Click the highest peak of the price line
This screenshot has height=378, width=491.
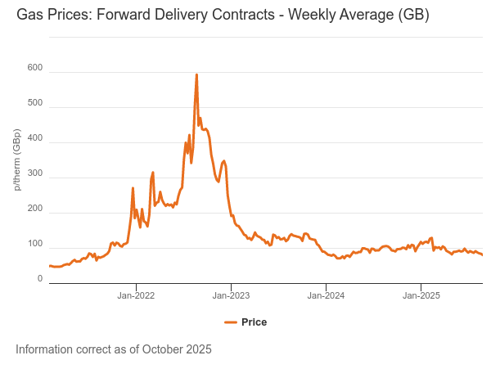196,75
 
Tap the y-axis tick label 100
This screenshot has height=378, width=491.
34,244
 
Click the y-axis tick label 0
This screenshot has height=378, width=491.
39,279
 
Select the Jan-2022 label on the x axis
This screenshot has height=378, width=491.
136,295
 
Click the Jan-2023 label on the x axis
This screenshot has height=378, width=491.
231,295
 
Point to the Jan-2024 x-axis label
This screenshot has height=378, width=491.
326,295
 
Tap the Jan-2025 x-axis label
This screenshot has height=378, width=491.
421,295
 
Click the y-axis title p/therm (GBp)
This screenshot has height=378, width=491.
17,160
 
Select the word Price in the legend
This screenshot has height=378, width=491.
254,322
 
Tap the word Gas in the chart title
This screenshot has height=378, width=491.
29,16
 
